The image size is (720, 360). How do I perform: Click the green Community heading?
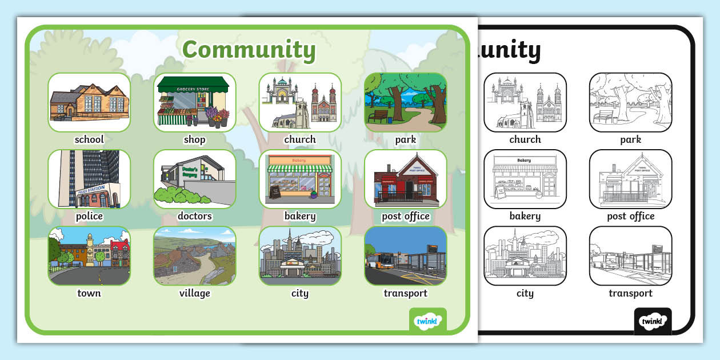(249, 50)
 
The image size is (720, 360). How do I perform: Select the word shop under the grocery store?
(194, 139)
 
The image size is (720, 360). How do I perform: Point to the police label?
(89, 216)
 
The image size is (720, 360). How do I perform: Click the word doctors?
(194, 216)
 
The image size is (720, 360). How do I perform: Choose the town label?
(89, 293)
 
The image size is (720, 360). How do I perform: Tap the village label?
(194, 293)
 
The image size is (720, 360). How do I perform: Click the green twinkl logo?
(428, 321)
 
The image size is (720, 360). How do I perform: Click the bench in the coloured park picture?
(378, 117)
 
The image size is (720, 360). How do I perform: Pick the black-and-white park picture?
(630, 102)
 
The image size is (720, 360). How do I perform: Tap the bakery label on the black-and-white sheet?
(525, 216)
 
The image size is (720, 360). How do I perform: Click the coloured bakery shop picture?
(300, 179)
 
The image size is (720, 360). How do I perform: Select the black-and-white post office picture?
(630, 179)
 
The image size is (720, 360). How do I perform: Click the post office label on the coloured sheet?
(405, 216)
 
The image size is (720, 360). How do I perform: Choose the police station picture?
(89, 179)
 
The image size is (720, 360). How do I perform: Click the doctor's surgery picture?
(194, 179)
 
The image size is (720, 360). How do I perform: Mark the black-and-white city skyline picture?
(525, 255)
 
